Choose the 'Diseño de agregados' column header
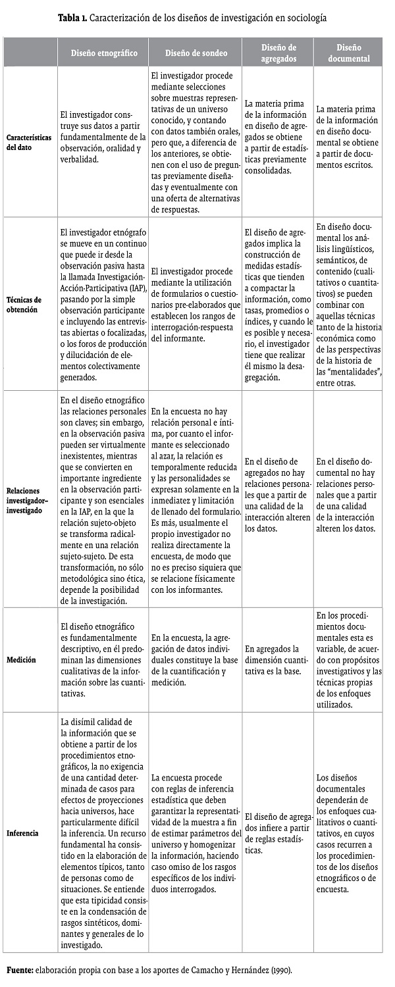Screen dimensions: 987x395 278,53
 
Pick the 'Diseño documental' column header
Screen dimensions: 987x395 349,53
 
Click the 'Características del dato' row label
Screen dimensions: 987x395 30,143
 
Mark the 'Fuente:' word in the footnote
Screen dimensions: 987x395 22,971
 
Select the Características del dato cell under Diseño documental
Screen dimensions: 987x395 349,143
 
